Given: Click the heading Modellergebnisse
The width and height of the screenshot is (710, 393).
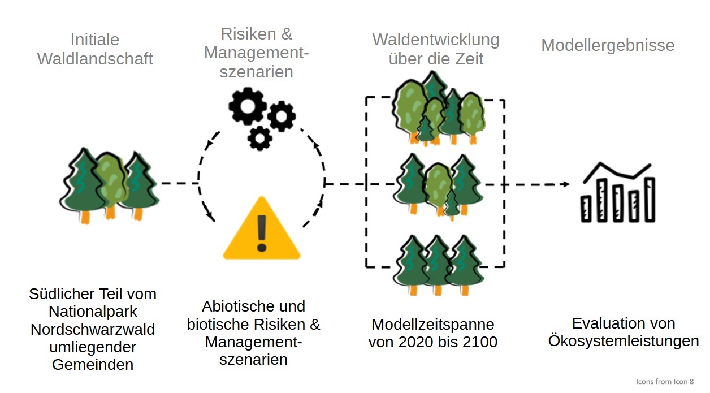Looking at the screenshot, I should coord(608,45).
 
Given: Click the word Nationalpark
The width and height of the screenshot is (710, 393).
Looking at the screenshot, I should coord(93,312).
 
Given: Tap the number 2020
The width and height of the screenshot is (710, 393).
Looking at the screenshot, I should coord(416,342).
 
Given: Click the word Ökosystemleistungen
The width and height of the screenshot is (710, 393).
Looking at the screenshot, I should coord(623,342).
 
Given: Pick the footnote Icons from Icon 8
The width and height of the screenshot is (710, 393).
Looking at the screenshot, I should coord(665,382).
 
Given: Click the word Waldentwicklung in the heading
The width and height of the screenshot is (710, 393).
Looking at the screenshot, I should coord(435,40).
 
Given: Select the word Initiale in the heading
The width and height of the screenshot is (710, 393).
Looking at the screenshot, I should coord(95,40).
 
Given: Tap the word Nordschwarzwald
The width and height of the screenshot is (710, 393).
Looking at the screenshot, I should coord(93,329).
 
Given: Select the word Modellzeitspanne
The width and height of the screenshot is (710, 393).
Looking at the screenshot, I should coord(432,325).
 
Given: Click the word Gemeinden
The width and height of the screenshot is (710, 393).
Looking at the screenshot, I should coord(93,364).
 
